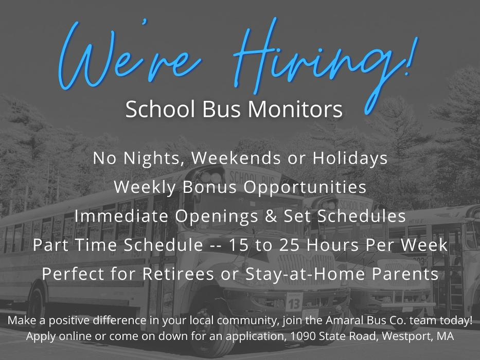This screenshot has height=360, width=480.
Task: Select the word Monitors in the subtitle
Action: click(295, 109)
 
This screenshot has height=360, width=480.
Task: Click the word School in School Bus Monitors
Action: click(161, 109)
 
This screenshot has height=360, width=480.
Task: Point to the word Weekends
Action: click(236, 158)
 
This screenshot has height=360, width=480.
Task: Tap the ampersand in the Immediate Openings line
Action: click(271, 216)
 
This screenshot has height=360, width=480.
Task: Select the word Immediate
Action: click(121, 216)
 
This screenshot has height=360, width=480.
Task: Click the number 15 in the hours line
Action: click(239, 245)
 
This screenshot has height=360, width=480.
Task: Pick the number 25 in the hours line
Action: click(289, 245)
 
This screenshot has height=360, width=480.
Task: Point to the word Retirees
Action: click(178, 274)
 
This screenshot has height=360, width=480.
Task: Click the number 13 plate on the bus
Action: click(294, 303)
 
